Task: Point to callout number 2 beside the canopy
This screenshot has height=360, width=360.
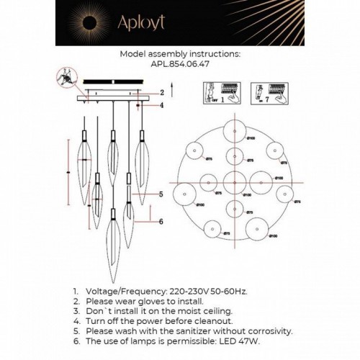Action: tap(163, 93)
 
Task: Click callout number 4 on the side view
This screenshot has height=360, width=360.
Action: tap(163, 106)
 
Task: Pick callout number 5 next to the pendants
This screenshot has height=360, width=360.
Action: tap(162, 194)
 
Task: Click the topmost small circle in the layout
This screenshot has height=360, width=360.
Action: tap(235, 131)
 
